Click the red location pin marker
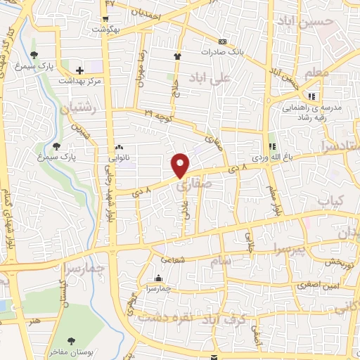(x=181, y=165)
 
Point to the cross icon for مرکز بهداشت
(x=79, y=70)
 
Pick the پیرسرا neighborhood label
(x=290, y=251)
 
